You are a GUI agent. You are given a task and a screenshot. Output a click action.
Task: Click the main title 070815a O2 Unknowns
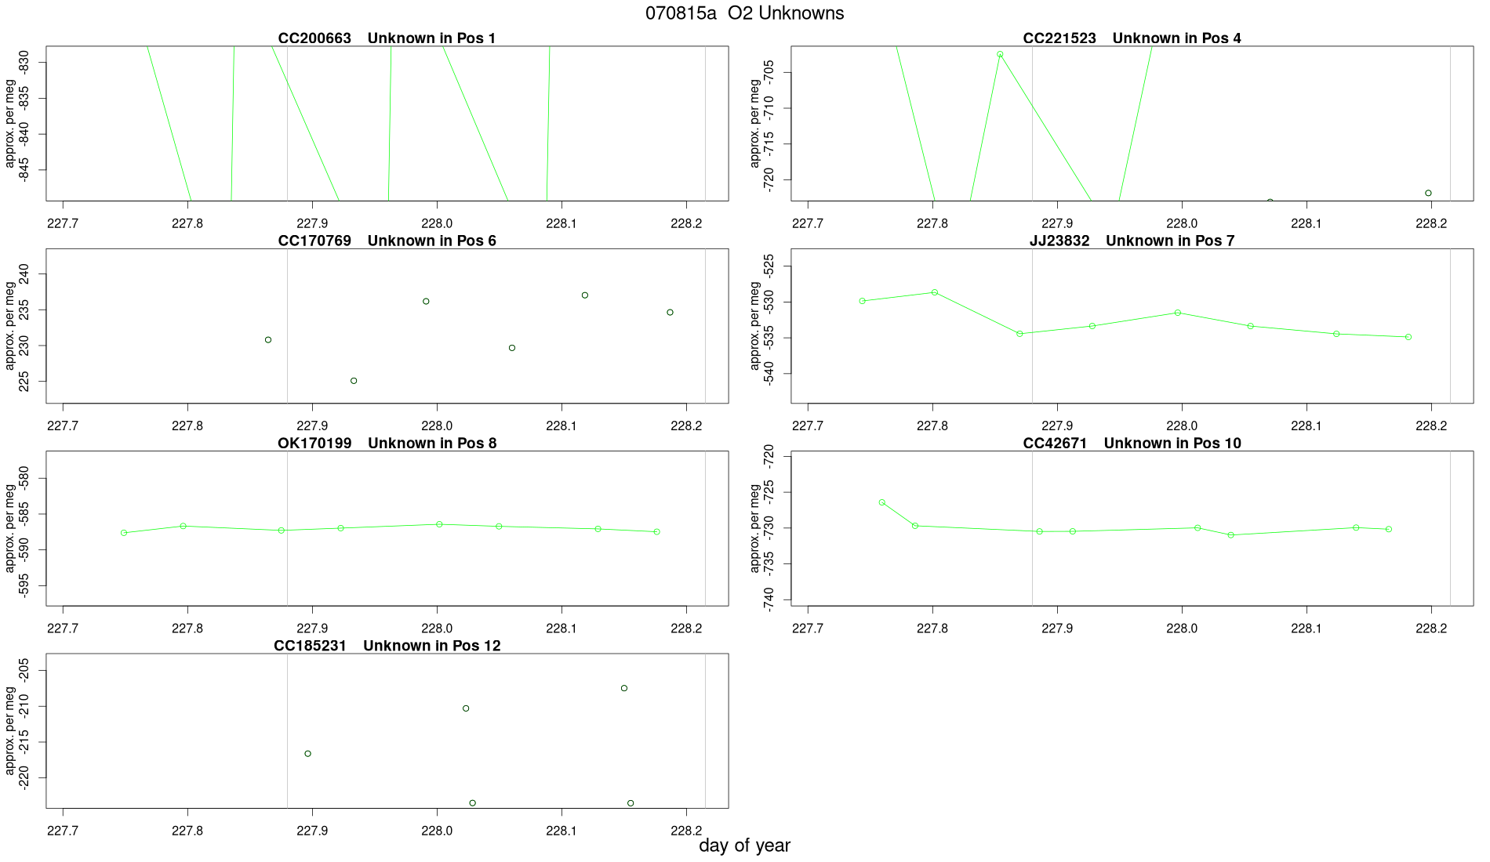click(744, 13)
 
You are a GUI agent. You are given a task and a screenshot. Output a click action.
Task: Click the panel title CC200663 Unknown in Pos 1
click(387, 38)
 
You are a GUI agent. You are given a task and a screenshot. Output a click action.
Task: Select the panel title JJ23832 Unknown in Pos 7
click(1132, 241)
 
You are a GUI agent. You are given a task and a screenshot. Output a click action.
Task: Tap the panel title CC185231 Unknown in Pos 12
click(387, 646)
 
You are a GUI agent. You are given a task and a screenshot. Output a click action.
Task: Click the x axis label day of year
click(744, 846)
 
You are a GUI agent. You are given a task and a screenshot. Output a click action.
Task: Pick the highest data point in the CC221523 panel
click(1000, 55)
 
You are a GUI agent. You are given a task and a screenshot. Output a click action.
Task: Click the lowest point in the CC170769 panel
click(354, 381)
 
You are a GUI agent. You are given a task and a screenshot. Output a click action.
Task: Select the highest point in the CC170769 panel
click(585, 295)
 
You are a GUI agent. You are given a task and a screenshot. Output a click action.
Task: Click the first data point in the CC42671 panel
click(882, 502)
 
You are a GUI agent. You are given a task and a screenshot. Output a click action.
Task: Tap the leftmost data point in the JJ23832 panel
click(863, 301)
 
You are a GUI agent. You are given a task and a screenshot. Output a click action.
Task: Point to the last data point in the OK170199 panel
click(657, 532)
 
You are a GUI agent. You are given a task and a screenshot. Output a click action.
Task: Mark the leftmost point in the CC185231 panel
click(308, 754)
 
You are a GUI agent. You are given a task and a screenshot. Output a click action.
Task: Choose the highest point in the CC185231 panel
click(624, 689)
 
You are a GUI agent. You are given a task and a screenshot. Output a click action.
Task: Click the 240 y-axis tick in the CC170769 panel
click(24, 274)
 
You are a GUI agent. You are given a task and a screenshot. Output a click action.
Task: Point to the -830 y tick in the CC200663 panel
click(24, 63)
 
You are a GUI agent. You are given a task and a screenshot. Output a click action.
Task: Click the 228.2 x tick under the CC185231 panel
click(686, 831)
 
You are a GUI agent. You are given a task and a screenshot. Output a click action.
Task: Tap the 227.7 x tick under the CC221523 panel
click(808, 223)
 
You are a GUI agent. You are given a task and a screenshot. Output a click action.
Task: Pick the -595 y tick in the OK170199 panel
click(24, 585)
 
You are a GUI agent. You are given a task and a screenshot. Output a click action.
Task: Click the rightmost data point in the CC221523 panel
click(1428, 194)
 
